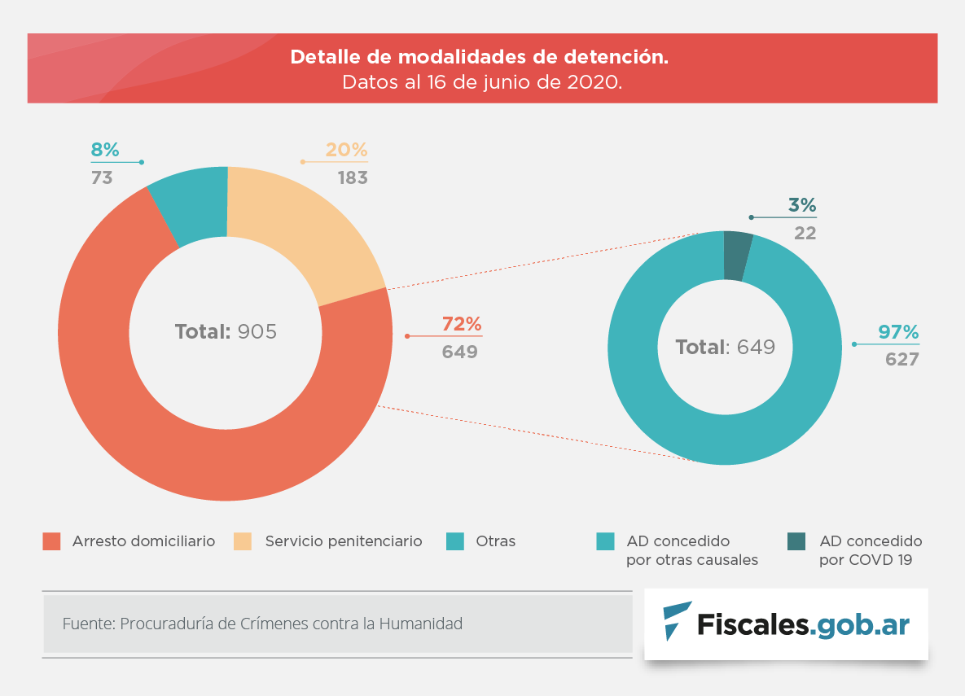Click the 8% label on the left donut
pyautogui.click(x=104, y=150)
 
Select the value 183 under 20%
pyautogui.click(x=353, y=177)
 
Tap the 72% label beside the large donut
pyautogui.click(x=462, y=324)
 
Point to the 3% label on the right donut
pyautogui.click(x=801, y=205)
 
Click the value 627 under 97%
pyautogui.click(x=901, y=359)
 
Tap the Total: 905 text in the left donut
pyautogui.click(x=226, y=332)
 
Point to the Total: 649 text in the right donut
pyautogui.click(x=725, y=348)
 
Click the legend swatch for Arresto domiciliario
pyautogui.click(x=52, y=541)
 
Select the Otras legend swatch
pyautogui.click(x=455, y=541)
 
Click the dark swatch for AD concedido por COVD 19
pyautogui.click(x=796, y=541)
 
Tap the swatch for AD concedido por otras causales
pyautogui.click(x=605, y=541)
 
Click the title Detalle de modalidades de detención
pyautogui.click(x=480, y=58)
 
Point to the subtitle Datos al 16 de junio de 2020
pyautogui.click(x=481, y=82)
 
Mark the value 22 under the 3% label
pyautogui.click(x=805, y=233)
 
